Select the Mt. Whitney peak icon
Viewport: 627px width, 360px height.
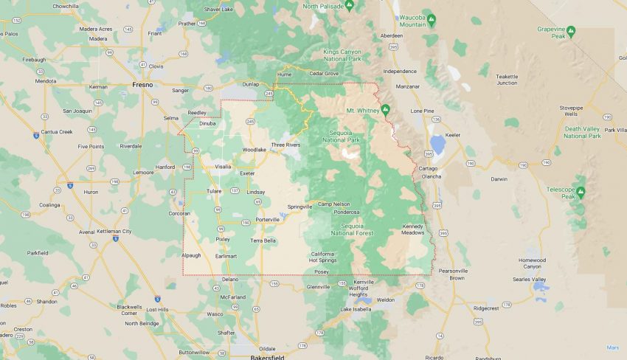384,111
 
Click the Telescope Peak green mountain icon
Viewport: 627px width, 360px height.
581,193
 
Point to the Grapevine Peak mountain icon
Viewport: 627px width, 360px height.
570,31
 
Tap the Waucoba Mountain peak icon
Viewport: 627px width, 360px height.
432,18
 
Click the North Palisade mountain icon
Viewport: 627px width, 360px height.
350,5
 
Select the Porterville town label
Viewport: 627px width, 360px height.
268,220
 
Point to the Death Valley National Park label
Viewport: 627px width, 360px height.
583,132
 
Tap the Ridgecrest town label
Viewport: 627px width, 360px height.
486,308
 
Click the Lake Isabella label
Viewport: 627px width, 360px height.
356,309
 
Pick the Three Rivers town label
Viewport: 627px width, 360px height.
285,145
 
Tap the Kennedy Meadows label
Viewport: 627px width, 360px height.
413,229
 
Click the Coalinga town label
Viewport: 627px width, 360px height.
49,205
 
